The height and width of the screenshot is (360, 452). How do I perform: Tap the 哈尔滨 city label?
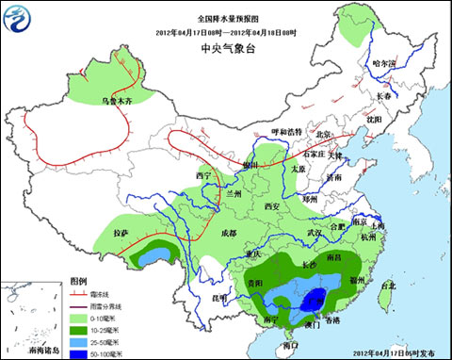coord(385,63)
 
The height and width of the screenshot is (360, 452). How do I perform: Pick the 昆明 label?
coord(218,298)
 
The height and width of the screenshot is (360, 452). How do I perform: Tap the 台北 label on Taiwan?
coord(386,285)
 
